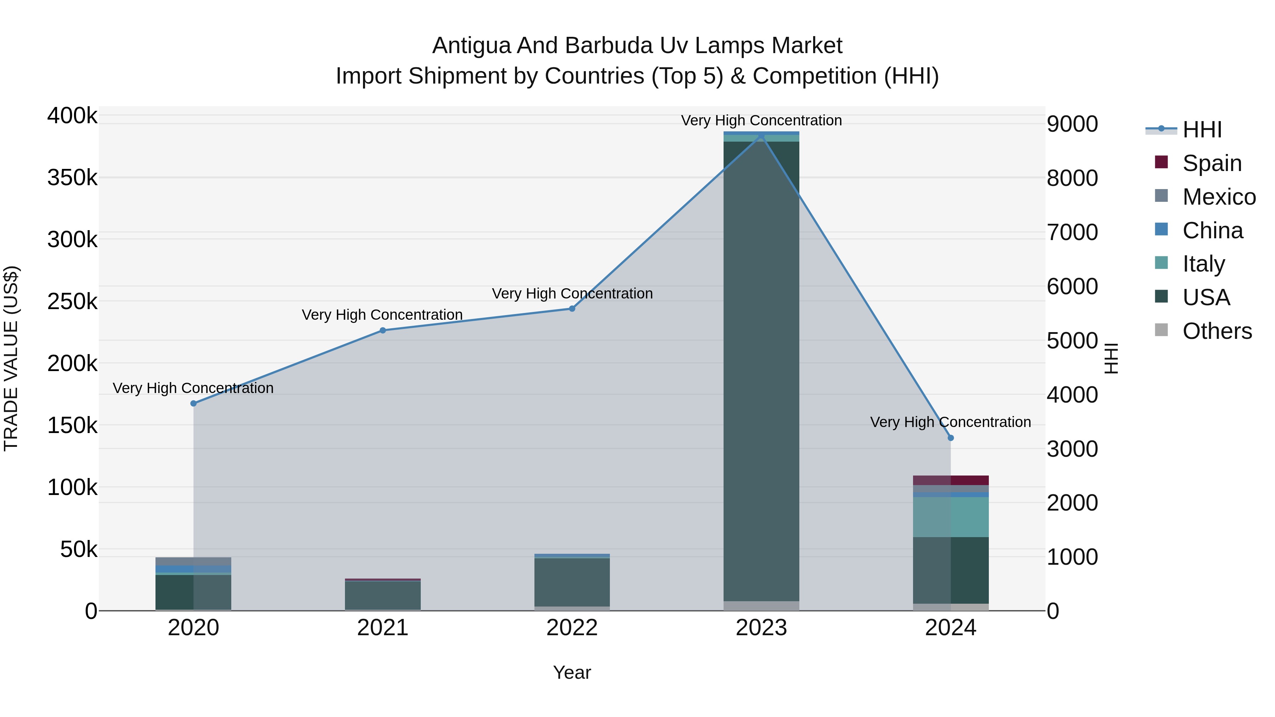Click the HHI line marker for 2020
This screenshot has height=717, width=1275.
click(193, 403)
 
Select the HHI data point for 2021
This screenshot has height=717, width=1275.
click(382, 331)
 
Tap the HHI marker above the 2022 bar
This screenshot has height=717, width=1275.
click(572, 309)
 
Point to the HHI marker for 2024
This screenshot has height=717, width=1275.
click(950, 438)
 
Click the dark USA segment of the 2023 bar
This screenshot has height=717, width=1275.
click(761, 371)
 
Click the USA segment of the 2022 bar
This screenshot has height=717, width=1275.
click(572, 582)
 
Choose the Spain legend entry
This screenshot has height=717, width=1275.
click(1211, 163)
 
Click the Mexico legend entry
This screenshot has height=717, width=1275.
click(1219, 197)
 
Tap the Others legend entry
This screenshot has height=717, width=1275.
click(1217, 331)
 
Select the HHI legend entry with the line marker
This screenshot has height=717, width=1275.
click(1202, 130)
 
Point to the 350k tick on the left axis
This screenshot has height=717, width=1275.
click(72, 178)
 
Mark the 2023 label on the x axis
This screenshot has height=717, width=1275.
click(761, 628)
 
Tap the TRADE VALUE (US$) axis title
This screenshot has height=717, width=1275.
click(11, 358)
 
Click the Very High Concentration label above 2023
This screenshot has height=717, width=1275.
click(761, 120)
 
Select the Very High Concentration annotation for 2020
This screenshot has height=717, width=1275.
click(193, 388)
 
